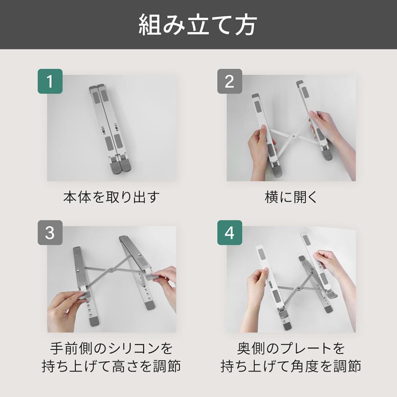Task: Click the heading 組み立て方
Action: [198, 25]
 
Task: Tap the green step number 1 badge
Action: [50, 81]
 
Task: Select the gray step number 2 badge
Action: [229, 81]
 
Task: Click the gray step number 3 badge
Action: [50, 232]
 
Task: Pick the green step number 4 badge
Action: [229, 232]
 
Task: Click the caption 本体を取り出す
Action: [111, 197]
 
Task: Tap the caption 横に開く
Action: [291, 197]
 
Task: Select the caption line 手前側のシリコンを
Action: [111, 348]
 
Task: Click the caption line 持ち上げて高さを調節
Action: [111, 367]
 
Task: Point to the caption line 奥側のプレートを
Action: [291, 348]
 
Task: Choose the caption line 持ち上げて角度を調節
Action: [291, 367]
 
